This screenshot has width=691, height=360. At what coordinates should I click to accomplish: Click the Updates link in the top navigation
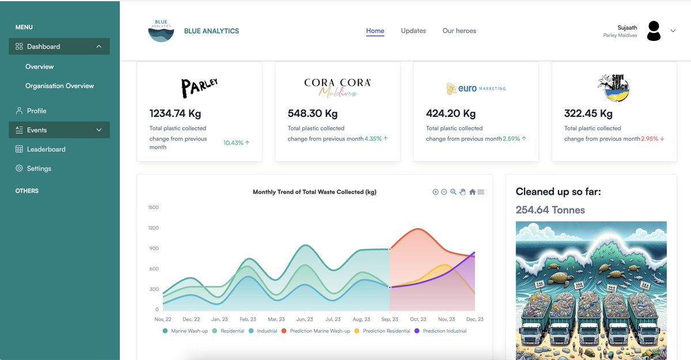413,31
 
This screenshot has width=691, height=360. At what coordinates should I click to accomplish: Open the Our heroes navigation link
459,31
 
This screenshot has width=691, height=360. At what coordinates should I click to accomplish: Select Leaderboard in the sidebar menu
46,149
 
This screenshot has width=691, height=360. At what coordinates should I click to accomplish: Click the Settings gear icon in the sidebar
19,168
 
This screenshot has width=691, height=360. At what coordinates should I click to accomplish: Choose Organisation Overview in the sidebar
59,86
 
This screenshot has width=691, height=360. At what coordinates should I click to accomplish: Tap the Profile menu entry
36,111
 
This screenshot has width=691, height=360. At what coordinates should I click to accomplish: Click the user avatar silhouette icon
654,31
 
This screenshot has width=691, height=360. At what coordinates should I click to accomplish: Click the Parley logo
199,88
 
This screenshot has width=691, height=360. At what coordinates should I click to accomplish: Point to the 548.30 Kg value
313,113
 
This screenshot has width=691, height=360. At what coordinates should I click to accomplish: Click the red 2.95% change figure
650,139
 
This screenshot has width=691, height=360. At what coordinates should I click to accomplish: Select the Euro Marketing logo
476,89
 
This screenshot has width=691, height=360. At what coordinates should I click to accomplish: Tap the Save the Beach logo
614,88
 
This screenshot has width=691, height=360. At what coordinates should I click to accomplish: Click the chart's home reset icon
472,192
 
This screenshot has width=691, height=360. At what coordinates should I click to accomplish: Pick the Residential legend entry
228,331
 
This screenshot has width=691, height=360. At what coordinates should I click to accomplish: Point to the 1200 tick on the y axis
153,228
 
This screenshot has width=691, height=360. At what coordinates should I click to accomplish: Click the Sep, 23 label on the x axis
390,319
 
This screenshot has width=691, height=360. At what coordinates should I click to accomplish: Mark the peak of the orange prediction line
418,229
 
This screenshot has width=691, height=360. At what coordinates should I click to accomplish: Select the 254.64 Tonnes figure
550,210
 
